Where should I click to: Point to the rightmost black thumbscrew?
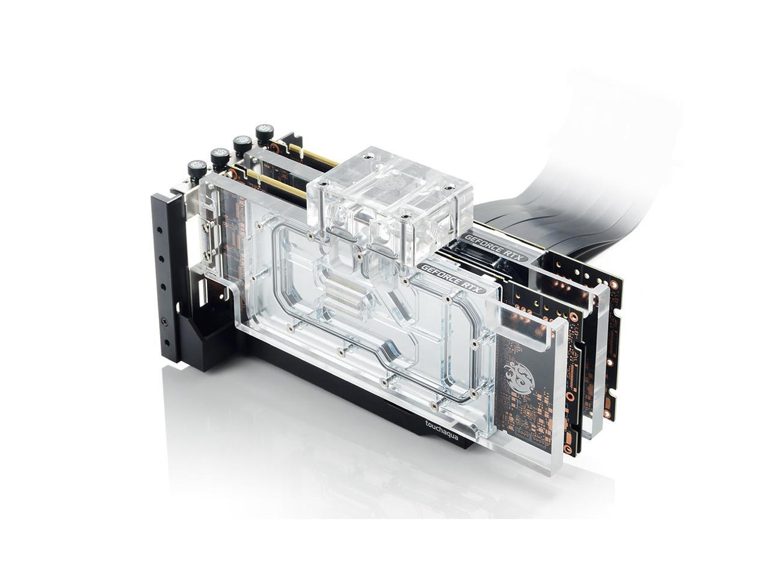coord(265,134)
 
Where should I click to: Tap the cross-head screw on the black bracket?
coord(164,320)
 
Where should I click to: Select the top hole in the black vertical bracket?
coord(159,231)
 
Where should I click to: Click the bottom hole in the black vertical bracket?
coord(167,341)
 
